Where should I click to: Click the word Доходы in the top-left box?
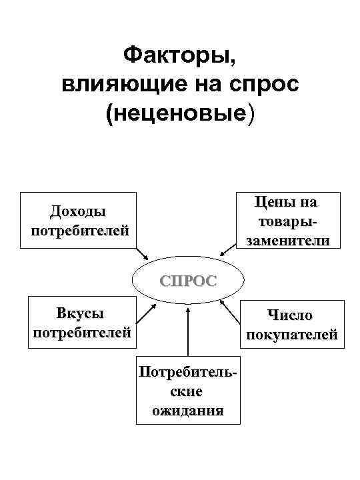tap(78, 212)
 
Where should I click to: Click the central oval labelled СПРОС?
tap(187, 280)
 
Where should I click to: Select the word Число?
tap(289, 315)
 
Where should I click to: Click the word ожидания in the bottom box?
tap(187, 410)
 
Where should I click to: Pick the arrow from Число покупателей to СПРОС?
tap(231, 313)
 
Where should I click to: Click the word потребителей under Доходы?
tap(79, 230)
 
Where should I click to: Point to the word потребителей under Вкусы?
tap(81, 332)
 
